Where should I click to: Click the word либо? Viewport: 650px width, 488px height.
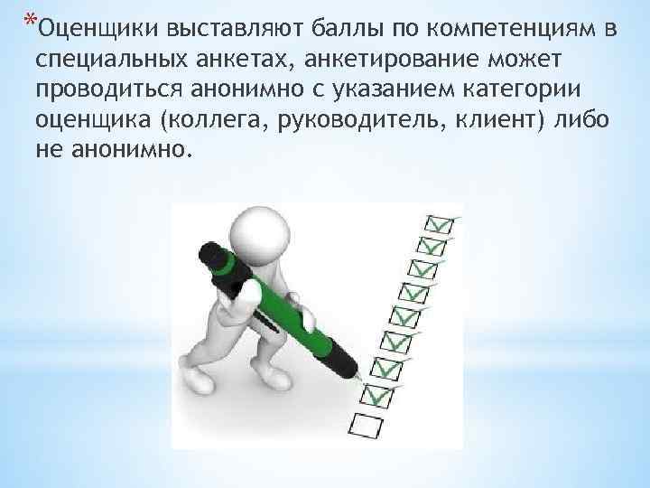(x=582, y=121)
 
